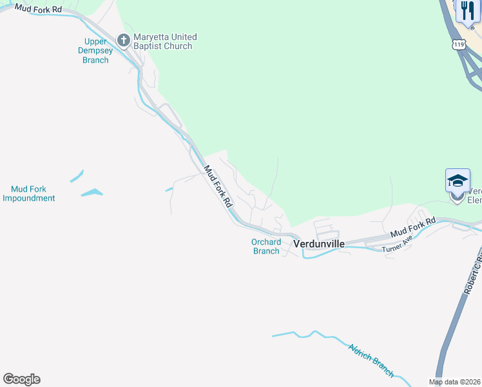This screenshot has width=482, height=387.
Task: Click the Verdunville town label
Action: pos(319,244)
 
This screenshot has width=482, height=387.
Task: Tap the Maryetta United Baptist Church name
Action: pos(162,41)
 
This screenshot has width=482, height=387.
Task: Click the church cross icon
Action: pos(124,41)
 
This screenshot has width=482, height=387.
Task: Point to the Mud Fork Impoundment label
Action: pos(28,193)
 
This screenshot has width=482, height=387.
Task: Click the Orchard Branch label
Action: pos(266,246)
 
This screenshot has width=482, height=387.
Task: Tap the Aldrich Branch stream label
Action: pos(371,359)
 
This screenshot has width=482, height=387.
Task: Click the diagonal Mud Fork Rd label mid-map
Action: pos(218,186)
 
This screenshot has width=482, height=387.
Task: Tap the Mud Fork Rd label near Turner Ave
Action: pos(412,226)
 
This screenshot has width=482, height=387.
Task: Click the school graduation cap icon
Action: pos(458,181)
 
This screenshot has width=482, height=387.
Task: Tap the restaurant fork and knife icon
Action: pos(468,11)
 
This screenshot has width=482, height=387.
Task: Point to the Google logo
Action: pos(21,379)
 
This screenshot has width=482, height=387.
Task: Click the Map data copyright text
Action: pos(455,382)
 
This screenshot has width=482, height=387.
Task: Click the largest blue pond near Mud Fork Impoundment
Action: pos(92,192)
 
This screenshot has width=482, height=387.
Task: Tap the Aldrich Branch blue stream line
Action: pos(322,338)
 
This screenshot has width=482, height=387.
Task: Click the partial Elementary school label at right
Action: pos(474,195)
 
